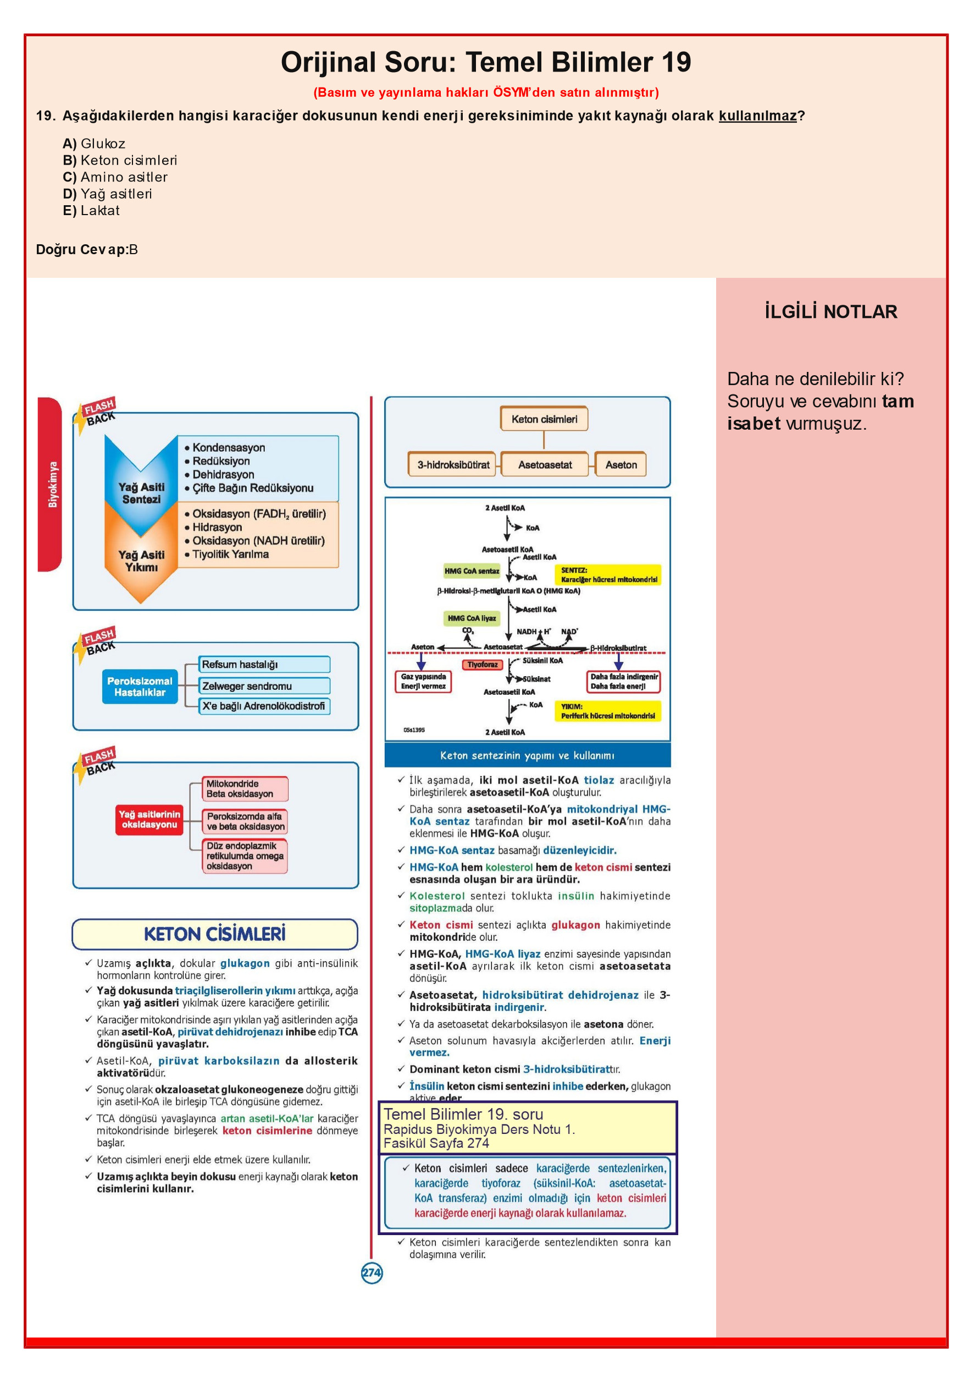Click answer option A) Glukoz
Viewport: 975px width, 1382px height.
coord(94,143)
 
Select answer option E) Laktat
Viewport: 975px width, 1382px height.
coord(91,210)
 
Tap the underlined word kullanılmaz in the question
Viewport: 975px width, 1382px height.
coord(757,116)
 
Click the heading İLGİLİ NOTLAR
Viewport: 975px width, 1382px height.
coord(830,311)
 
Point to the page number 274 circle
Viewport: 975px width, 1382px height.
coord(372,1273)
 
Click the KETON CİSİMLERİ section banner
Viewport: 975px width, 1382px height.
coord(215,934)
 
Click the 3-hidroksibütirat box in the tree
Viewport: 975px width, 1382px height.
coord(452,464)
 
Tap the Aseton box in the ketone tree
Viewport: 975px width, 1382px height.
coord(621,464)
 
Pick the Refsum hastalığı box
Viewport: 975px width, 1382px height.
coord(265,665)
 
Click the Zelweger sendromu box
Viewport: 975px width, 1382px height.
coord(265,685)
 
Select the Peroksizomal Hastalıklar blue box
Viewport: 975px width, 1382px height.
coord(140,686)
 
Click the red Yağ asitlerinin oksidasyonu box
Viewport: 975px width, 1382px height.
coord(149,819)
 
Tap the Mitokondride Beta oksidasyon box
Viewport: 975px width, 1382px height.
coord(245,788)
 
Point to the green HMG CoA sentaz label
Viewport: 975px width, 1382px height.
coord(472,571)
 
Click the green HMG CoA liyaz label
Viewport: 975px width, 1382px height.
coord(472,618)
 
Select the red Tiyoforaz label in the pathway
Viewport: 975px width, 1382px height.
coord(483,665)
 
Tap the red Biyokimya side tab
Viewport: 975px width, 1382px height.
coord(51,484)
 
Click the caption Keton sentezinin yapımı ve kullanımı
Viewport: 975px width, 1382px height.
coord(527,755)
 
